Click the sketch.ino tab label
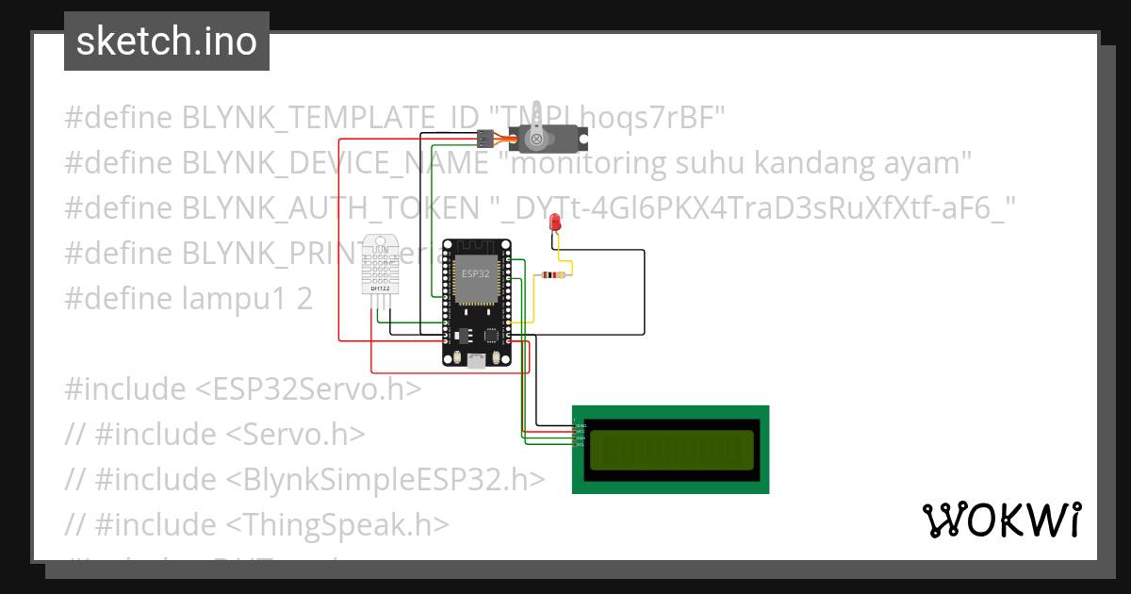coord(166,41)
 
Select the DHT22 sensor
coord(381,264)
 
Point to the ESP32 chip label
coord(475,272)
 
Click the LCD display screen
coord(671,450)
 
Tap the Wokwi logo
coord(1000,520)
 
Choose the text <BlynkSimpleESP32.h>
coord(385,479)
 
